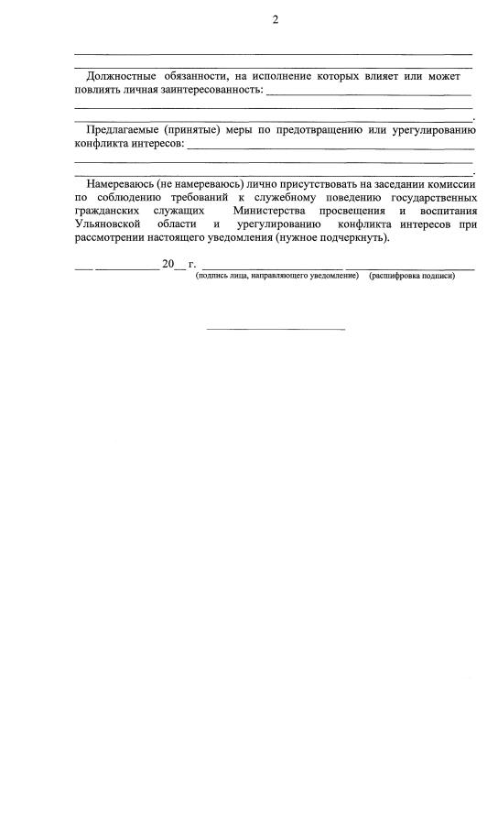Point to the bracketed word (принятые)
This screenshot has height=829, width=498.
191,130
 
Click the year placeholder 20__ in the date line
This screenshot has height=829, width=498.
173,265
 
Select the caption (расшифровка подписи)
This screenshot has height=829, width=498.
412,276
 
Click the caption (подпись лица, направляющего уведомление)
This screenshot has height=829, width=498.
276,276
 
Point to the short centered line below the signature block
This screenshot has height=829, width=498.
275,329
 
